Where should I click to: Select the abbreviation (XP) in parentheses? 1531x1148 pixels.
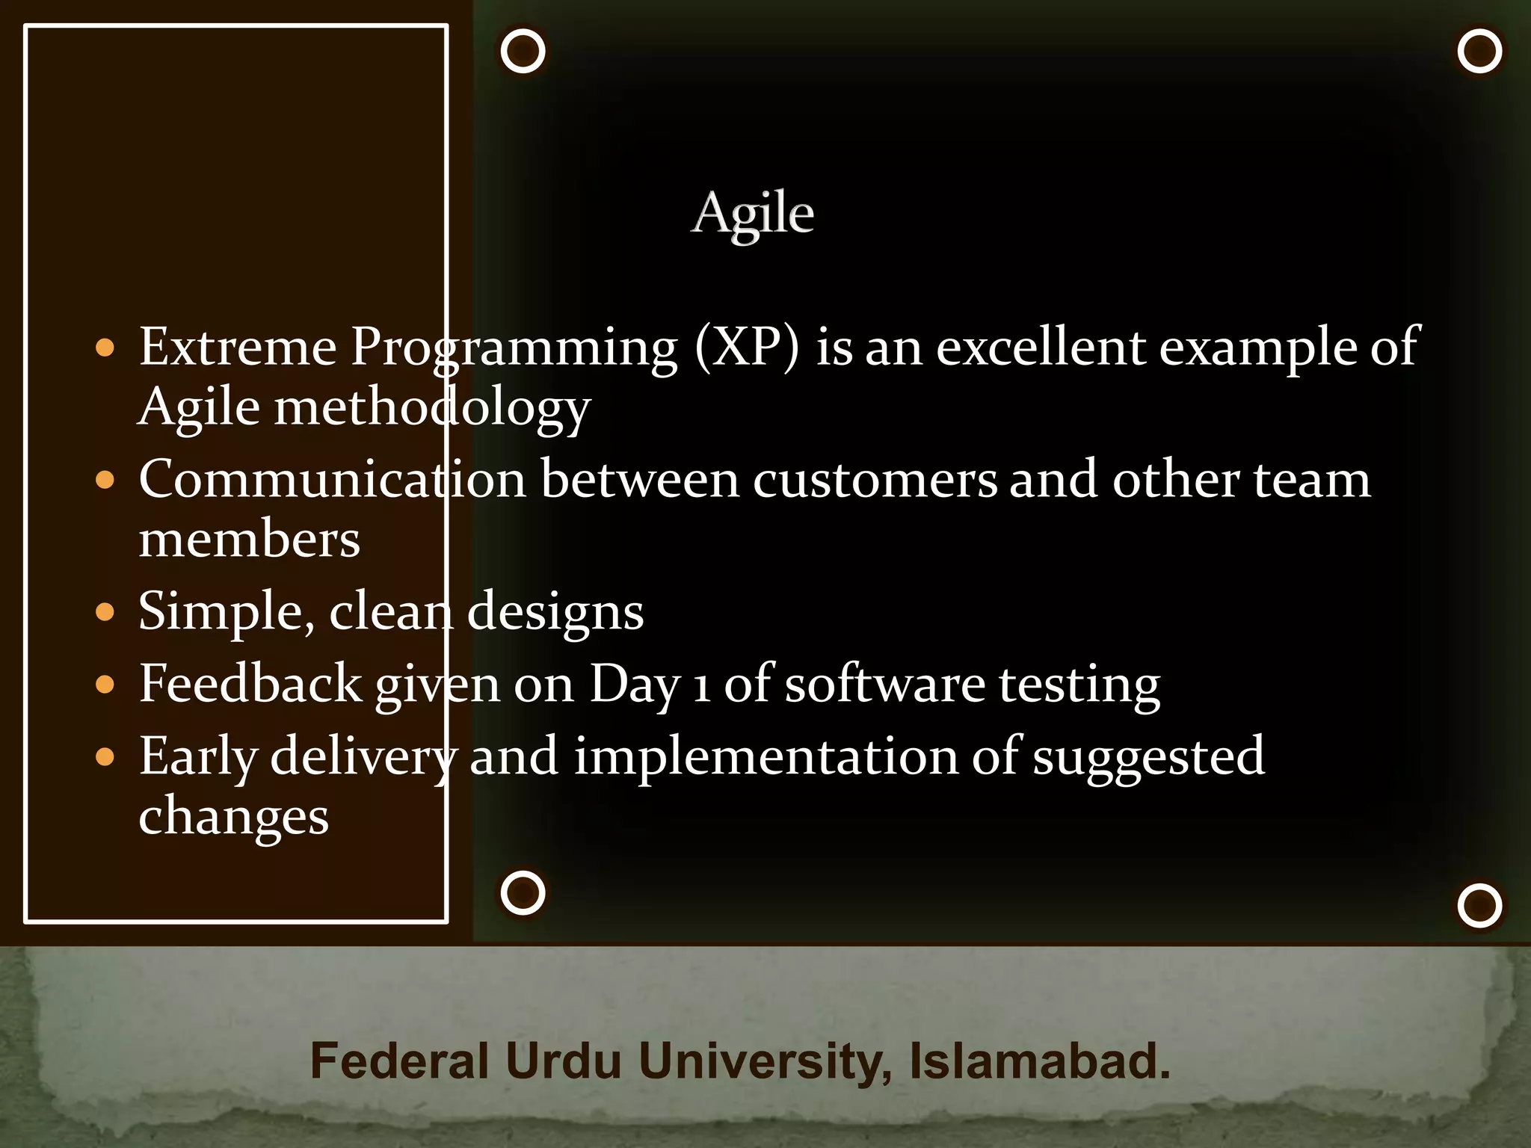click(747, 348)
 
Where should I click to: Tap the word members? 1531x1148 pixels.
click(249, 540)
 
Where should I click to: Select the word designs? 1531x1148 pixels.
click(555, 611)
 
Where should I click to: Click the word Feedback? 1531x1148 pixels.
click(250, 684)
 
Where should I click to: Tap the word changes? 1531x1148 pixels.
click(233, 817)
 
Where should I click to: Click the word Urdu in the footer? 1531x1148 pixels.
click(563, 1061)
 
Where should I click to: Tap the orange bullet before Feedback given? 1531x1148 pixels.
click(105, 685)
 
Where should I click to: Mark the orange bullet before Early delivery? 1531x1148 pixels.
click(105, 757)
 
